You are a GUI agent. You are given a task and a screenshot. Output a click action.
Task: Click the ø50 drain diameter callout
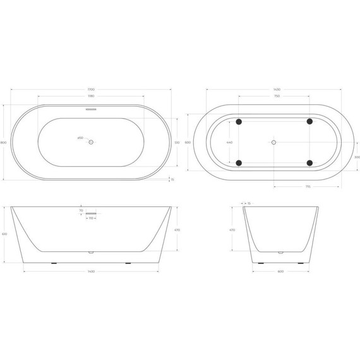click(x=80, y=138)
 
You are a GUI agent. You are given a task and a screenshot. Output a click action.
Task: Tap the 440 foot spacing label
click(x=229, y=143)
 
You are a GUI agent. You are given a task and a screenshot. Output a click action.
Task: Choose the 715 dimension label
click(x=307, y=187)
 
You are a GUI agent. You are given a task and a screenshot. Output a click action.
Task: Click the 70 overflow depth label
click(x=81, y=210)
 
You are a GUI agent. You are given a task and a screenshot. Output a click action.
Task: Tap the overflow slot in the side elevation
click(x=91, y=214)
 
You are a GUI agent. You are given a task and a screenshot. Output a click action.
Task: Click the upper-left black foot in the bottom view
click(x=239, y=121)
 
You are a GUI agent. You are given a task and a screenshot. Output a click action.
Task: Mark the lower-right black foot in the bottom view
click(x=309, y=163)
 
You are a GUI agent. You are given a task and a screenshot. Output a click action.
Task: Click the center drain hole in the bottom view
click(x=273, y=142)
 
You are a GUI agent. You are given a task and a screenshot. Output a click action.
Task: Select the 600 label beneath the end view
click(x=280, y=272)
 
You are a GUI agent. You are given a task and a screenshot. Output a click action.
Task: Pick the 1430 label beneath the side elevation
click(x=91, y=272)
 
